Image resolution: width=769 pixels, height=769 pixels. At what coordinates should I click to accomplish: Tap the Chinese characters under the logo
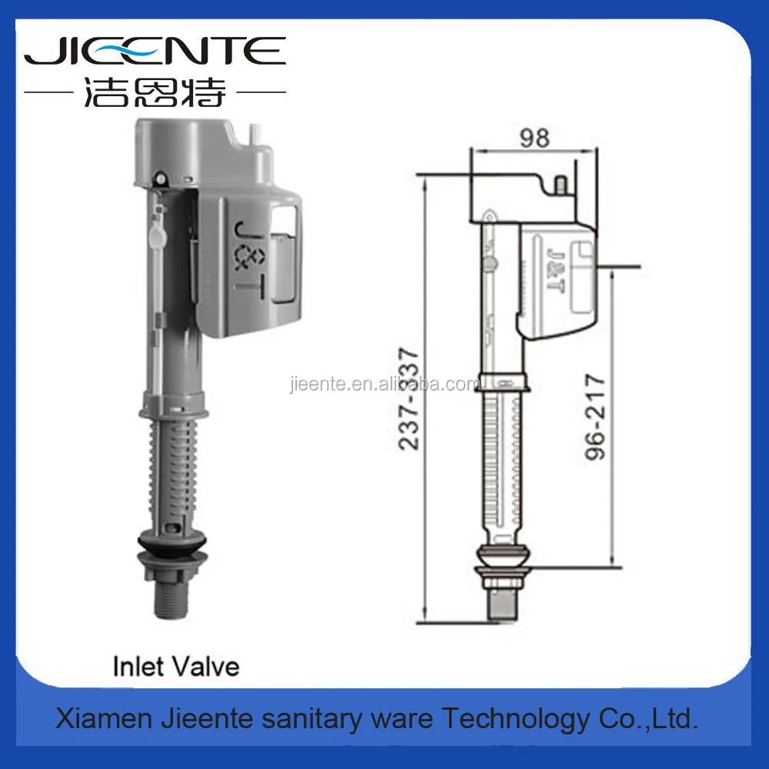click(154, 94)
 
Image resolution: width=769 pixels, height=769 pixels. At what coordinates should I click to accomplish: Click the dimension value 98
click(534, 138)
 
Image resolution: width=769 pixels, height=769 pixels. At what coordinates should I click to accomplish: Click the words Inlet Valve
click(176, 665)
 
